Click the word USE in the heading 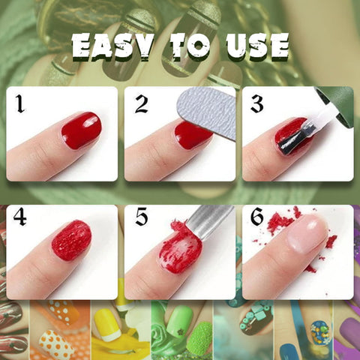coord(257,46)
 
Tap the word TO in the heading coord(190,47)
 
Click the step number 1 coord(20,103)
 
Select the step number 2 coord(142,103)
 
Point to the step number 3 coord(256,103)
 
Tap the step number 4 coord(20,217)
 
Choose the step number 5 coord(142,217)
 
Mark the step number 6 coord(257,217)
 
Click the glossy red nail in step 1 coord(82,130)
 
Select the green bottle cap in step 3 coord(336,106)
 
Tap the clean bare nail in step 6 coord(308,234)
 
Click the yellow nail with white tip coord(108,325)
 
